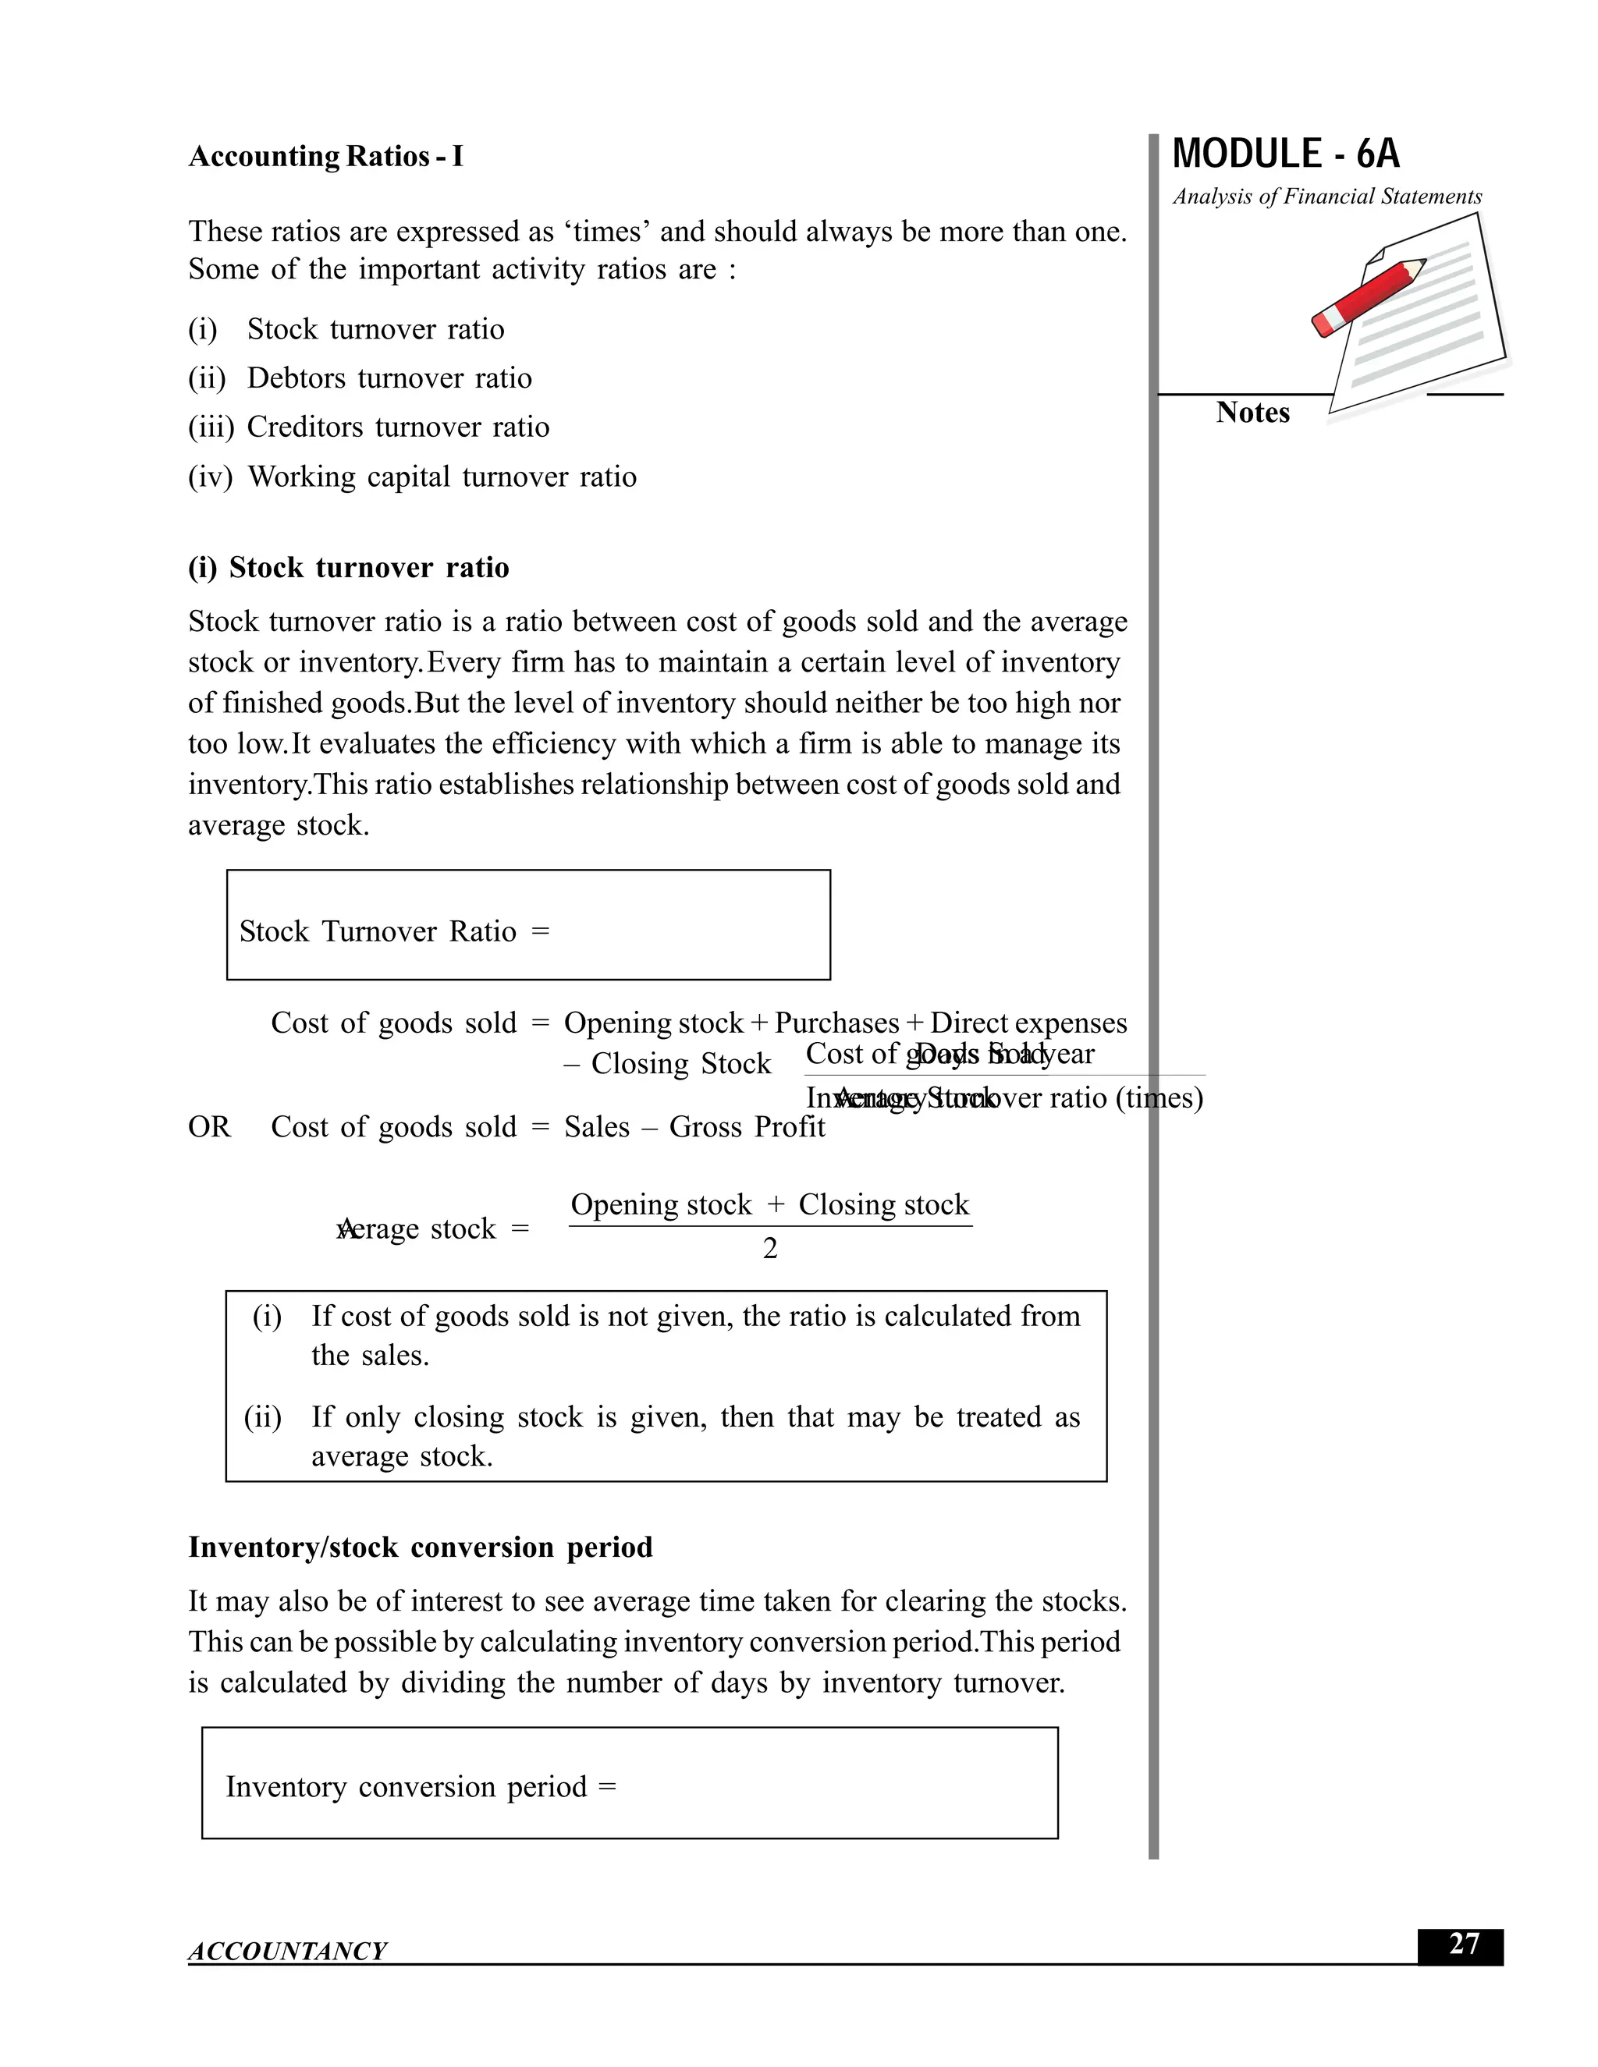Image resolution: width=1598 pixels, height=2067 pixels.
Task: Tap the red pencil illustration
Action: (x=1368, y=296)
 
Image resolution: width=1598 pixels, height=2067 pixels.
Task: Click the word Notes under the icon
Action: (x=1252, y=413)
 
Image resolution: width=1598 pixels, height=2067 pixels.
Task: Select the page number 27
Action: (x=1463, y=1944)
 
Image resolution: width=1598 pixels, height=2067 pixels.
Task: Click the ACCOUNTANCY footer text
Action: (x=287, y=1951)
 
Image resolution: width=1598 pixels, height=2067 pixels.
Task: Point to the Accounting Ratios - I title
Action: (x=325, y=156)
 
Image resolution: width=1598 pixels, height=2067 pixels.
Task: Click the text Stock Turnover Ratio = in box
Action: (x=394, y=931)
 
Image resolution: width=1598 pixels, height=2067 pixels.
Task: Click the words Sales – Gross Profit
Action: (x=694, y=1127)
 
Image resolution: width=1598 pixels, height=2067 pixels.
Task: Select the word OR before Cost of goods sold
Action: (x=209, y=1127)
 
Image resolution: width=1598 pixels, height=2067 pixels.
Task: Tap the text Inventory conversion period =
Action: (x=421, y=1787)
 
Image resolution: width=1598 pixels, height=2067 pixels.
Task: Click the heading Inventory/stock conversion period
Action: (x=421, y=1548)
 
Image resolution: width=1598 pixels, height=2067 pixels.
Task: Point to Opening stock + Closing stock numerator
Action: (x=769, y=1205)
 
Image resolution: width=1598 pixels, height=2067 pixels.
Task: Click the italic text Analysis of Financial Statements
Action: (x=1326, y=197)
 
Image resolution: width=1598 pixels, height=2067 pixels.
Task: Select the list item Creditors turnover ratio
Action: (x=398, y=427)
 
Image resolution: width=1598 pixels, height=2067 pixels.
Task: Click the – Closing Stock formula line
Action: (x=667, y=1064)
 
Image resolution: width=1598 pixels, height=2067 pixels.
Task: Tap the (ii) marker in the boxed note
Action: (x=262, y=1416)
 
